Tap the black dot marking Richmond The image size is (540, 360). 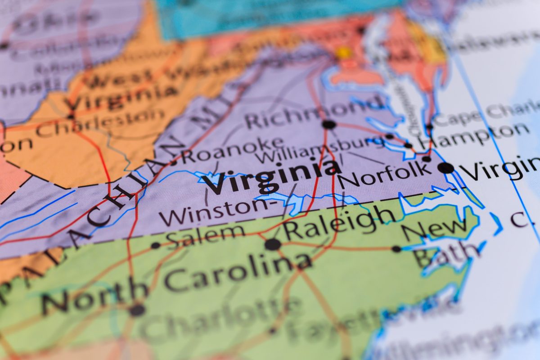pos(329,124)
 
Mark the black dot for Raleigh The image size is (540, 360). pos(272,244)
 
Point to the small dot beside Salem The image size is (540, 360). pos(156,245)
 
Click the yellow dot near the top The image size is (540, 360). pos(344,53)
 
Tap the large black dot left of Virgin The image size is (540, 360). pos(445,168)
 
